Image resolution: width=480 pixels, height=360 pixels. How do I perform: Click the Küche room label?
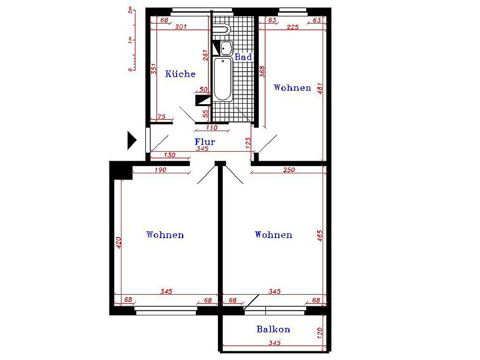point(180,74)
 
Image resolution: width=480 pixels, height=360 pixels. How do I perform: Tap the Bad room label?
point(243,57)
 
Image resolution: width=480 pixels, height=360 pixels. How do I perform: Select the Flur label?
point(205,142)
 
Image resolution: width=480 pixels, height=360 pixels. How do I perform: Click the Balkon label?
point(274,329)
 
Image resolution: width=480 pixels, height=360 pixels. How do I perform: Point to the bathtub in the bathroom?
point(223,79)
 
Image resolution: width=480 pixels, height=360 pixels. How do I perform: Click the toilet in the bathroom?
point(222,30)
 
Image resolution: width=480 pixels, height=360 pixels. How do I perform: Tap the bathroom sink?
point(226,48)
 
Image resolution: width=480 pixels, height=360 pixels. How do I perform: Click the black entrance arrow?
point(132,141)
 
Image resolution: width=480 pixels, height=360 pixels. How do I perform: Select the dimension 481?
point(320,88)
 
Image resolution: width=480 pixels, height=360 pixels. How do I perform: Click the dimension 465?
point(320,236)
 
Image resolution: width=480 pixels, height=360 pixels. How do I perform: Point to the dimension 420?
point(119,243)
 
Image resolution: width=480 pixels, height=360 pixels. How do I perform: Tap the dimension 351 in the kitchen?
point(154,69)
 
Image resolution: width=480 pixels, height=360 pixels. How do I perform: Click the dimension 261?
point(205,55)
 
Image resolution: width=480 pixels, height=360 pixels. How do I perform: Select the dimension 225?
point(293,27)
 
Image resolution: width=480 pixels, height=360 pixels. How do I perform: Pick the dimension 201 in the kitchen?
point(181,27)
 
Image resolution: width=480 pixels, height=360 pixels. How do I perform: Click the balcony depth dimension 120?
point(320,333)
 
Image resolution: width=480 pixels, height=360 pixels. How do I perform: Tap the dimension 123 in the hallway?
point(248,143)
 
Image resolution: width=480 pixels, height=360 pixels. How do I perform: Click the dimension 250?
point(289,170)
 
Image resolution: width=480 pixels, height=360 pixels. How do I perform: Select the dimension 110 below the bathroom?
point(212,128)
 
